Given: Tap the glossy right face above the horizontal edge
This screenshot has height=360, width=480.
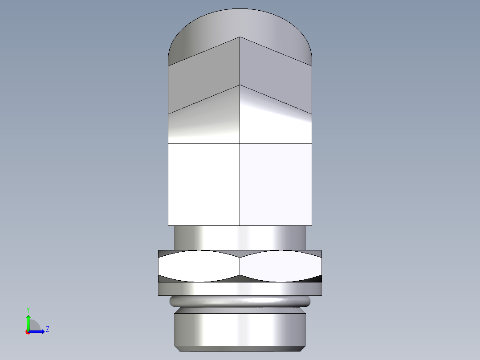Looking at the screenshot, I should click(x=276, y=127).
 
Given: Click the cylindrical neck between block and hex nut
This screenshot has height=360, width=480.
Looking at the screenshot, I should click(x=240, y=237).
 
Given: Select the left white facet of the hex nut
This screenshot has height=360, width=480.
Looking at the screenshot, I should click(x=199, y=266).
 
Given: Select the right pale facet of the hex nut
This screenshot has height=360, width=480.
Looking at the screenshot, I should click(x=281, y=266).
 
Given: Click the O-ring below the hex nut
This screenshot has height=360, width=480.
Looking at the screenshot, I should click(x=240, y=302).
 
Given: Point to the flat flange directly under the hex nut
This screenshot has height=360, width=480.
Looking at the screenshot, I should click(x=240, y=289).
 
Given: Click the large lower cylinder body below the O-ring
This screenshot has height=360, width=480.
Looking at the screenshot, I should click(x=240, y=329).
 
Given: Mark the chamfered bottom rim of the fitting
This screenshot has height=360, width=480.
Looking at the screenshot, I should click(x=240, y=348).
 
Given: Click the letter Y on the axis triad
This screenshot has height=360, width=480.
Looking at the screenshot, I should click(x=28, y=309).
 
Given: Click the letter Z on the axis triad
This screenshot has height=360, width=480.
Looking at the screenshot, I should click(x=47, y=329).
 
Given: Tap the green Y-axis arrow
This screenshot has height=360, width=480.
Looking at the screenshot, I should click(x=28, y=322).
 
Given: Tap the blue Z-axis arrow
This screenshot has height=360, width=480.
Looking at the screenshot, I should click(x=38, y=331).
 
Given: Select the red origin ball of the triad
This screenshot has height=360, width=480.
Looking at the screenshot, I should click(x=28, y=332).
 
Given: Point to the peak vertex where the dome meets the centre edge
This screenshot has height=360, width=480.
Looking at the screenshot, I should click(x=240, y=37).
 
